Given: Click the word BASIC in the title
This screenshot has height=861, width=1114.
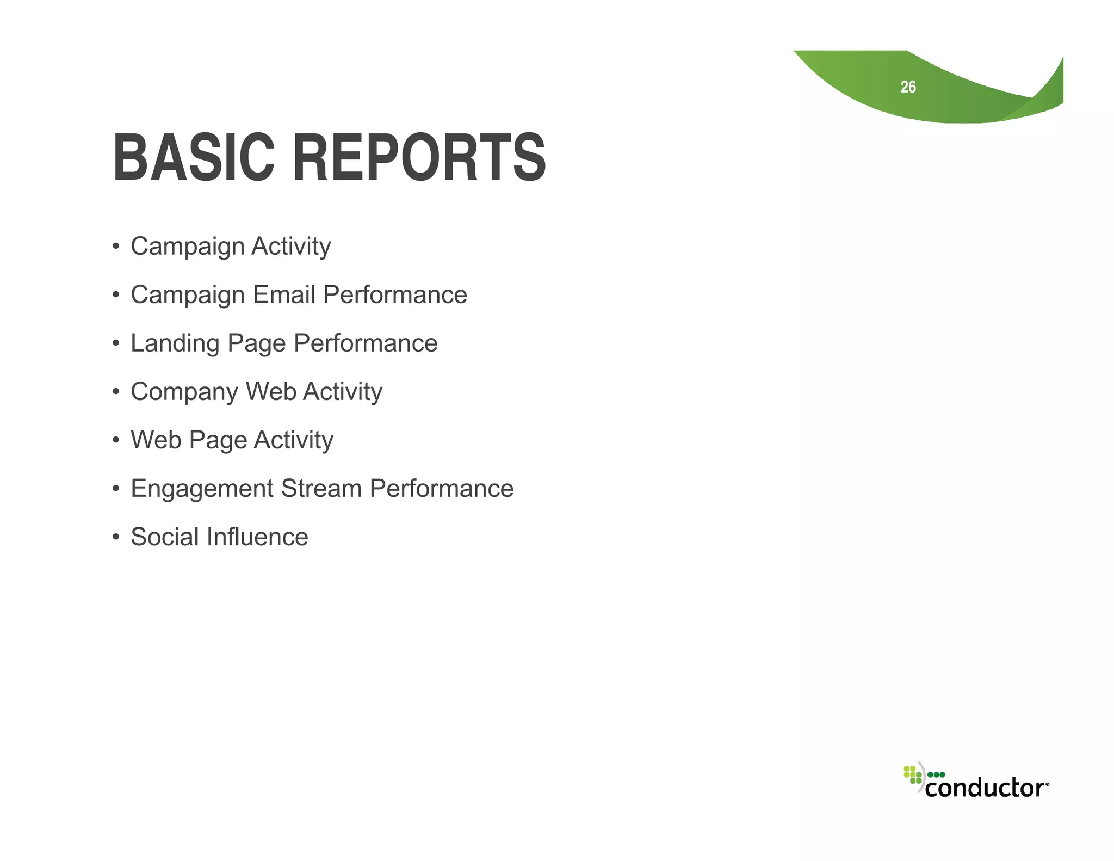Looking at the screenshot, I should [x=194, y=158].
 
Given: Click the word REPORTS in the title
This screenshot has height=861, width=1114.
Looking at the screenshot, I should [x=419, y=158].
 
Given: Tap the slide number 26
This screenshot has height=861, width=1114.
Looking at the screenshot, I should [x=908, y=87].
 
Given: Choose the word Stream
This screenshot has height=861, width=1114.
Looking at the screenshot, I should [x=321, y=488].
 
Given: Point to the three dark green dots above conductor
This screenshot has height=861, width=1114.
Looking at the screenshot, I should [x=936, y=774].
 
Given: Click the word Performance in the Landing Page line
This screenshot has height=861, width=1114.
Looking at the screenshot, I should [x=366, y=343].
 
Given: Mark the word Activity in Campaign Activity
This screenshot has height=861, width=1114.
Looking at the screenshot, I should [x=291, y=247].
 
